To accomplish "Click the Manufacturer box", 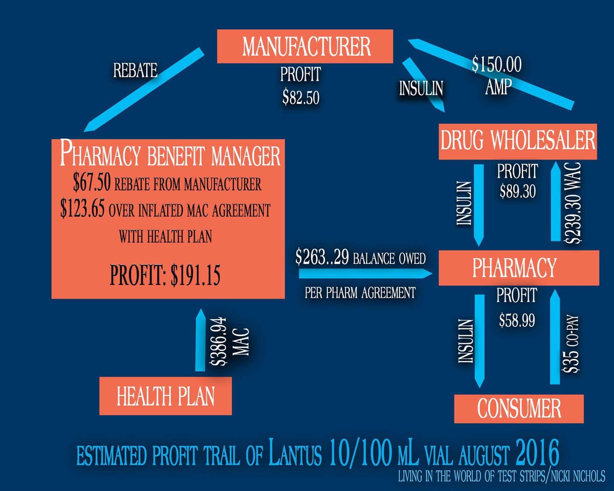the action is [306, 47].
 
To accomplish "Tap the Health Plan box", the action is [165, 396].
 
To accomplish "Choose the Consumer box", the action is [519, 409].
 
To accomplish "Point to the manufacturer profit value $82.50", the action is [300, 98].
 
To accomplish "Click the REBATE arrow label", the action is [136, 71].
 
